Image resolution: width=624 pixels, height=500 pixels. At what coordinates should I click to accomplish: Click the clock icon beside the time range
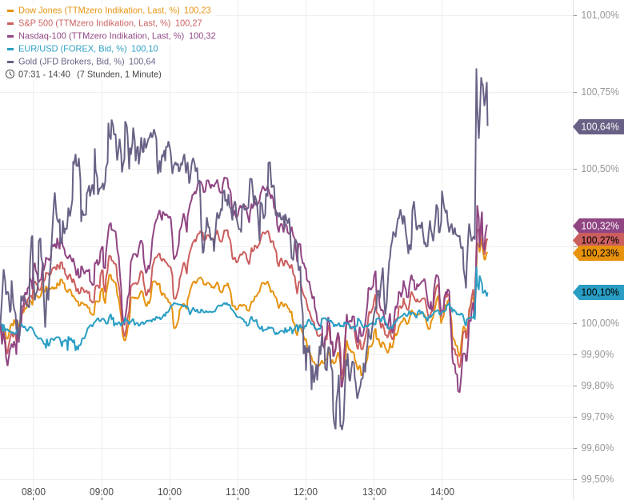tap(10, 74)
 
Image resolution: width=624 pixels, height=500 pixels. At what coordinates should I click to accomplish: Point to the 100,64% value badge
tap(599, 126)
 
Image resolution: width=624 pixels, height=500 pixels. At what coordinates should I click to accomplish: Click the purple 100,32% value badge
tap(599, 226)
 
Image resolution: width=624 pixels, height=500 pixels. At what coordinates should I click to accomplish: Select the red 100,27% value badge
tap(599, 240)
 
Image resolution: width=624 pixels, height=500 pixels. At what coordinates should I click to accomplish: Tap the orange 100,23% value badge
tap(599, 253)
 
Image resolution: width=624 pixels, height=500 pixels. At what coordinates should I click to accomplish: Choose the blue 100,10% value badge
tap(599, 292)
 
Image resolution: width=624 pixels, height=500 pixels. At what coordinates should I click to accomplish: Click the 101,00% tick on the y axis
tap(599, 15)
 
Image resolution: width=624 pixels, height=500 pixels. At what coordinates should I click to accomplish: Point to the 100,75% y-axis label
tap(599, 92)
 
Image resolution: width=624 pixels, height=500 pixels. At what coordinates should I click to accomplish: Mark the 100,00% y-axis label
tap(599, 323)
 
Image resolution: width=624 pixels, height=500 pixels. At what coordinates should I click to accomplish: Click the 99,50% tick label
tap(597, 479)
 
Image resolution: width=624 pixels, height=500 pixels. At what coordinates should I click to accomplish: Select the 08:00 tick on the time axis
tap(34, 492)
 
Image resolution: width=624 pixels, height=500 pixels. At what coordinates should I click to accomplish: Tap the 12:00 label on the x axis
tap(306, 492)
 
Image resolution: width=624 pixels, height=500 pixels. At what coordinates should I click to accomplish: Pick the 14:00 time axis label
tap(442, 492)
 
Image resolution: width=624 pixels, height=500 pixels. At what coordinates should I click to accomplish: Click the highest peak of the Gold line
tap(476, 70)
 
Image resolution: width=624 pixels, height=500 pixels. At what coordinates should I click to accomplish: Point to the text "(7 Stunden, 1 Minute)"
tap(119, 74)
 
